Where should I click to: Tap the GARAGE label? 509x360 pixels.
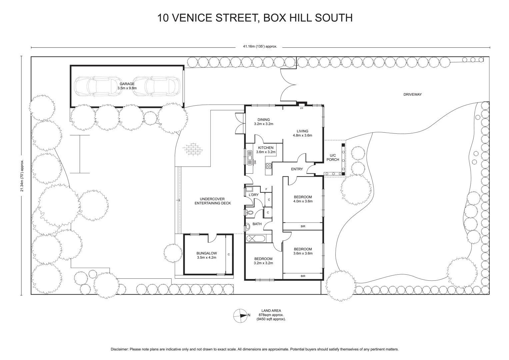pos(127,84)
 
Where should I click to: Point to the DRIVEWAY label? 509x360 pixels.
pos(412,95)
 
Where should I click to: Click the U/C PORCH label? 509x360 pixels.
pos(332,157)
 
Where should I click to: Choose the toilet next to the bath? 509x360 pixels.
pos(249,212)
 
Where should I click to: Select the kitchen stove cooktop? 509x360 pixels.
pos(268,166)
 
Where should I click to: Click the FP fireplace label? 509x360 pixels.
pos(302,109)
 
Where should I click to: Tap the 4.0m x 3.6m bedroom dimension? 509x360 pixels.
pos(303,201)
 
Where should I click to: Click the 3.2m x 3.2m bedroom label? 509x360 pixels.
pos(263,263)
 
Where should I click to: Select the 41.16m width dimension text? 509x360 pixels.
pos(260,47)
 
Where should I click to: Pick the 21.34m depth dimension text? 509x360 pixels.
pos(22,176)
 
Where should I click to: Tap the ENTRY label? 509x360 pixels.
pos(297,169)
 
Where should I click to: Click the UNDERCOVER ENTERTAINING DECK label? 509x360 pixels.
pos(213,201)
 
